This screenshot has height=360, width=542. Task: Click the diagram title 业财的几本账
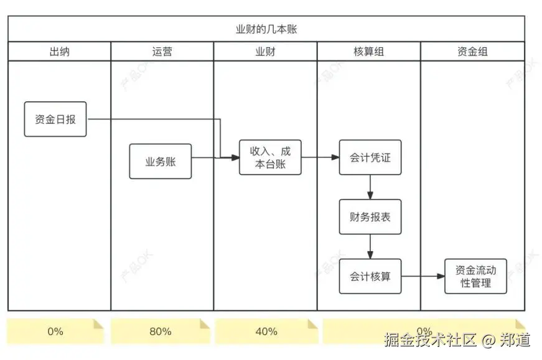coord(266,29)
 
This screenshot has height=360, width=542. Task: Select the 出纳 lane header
coord(59,52)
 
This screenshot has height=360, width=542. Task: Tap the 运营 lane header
coord(162,52)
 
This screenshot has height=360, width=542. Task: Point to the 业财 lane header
coord(266,52)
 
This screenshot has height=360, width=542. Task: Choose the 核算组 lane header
coord(368,52)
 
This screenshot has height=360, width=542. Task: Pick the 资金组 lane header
coord(472,52)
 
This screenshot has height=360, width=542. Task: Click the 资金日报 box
coord(55,119)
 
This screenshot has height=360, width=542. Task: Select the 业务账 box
coord(161,162)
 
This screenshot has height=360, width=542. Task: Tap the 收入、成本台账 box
coord(270,158)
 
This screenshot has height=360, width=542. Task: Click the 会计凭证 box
coord(370,157)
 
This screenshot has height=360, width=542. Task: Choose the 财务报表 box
coord(370,217)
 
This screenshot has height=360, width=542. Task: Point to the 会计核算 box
coord(370,276)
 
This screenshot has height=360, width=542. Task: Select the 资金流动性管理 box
coord(475,276)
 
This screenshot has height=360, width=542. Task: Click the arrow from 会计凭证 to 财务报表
coord(370,187)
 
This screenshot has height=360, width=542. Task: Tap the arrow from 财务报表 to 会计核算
coord(370,246)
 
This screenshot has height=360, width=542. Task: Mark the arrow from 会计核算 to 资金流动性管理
coord(423,276)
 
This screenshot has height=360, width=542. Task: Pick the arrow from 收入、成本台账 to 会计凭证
coord(320,157)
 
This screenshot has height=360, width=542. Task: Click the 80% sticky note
coord(160,331)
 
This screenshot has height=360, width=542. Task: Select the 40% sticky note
coord(266,331)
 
